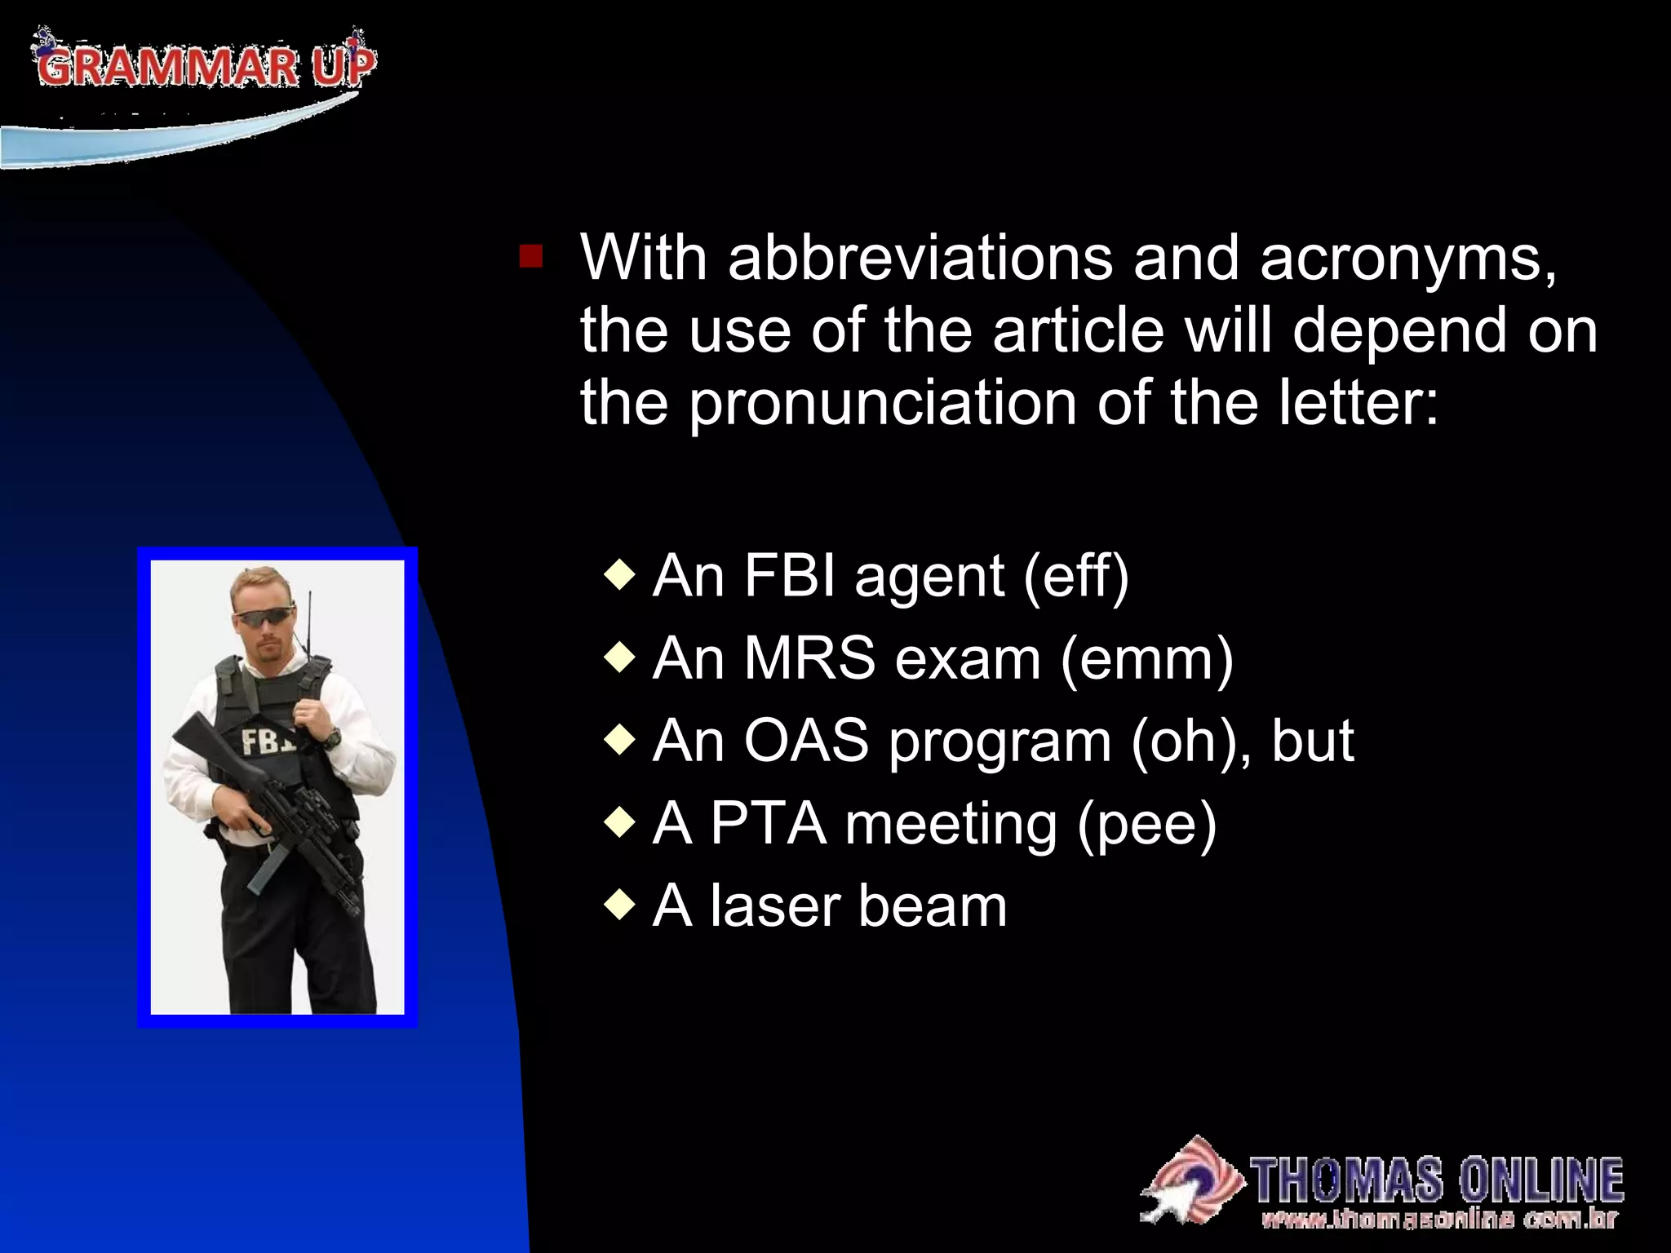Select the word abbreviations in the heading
click(x=920, y=258)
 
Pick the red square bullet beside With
click(x=530, y=257)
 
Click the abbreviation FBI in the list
click(x=790, y=576)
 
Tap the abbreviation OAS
click(x=806, y=741)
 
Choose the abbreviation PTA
click(x=768, y=823)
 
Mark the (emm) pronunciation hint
click(x=1146, y=660)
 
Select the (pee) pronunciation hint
click(x=1146, y=825)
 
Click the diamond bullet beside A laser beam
click(x=620, y=904)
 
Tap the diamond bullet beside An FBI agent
click(x=620, y=574)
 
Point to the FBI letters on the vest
click(x=266, y=742)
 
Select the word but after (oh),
click(x=1312, y=741)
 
